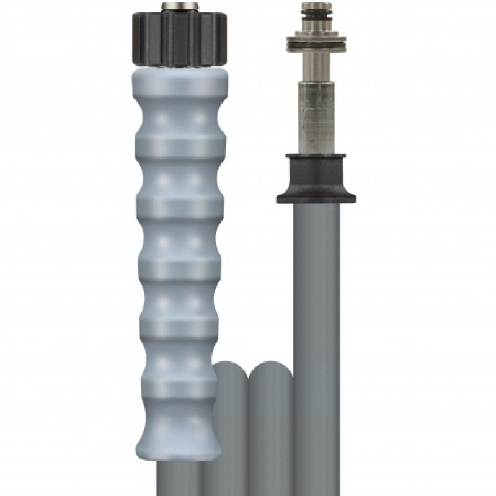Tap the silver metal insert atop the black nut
[177, 7]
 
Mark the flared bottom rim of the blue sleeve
[177, 449]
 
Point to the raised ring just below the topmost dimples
[177, 144]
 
